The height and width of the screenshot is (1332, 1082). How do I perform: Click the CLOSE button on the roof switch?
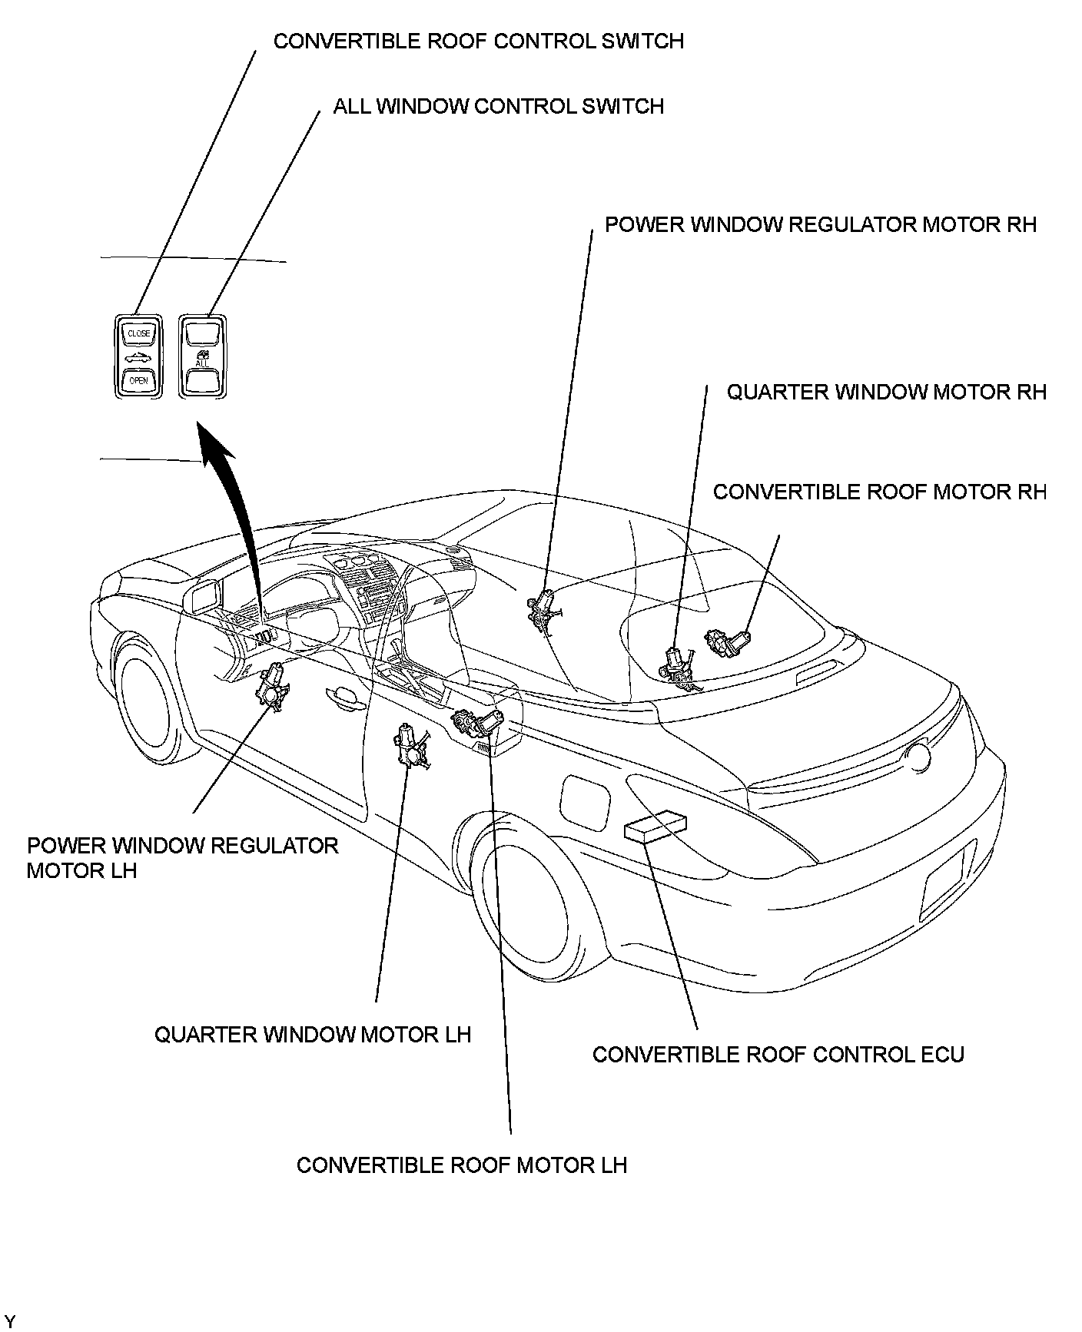(139, 333)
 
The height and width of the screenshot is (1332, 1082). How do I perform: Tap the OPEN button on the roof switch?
(139, 380)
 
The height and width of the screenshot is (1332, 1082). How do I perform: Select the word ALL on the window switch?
(202, 363)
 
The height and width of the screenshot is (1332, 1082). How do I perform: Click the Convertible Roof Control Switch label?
(478, 41)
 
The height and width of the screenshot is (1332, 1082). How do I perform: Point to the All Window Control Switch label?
(498, 106)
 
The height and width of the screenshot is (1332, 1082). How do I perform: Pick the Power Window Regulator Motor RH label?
(821, 224)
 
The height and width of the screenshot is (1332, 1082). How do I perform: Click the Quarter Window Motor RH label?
(887, 392)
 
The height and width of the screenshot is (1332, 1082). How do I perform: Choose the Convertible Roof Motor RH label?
(880, 492)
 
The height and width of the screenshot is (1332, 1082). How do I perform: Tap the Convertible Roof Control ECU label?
(778, 1054)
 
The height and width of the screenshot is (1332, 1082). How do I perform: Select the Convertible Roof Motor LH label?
(462, 1165)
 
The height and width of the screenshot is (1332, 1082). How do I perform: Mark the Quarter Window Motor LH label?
(313, 1035)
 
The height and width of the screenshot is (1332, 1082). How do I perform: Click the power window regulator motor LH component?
(271, 686)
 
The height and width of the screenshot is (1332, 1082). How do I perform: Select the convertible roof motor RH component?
(726, 641)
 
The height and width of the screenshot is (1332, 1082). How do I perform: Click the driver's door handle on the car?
(342, 696)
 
